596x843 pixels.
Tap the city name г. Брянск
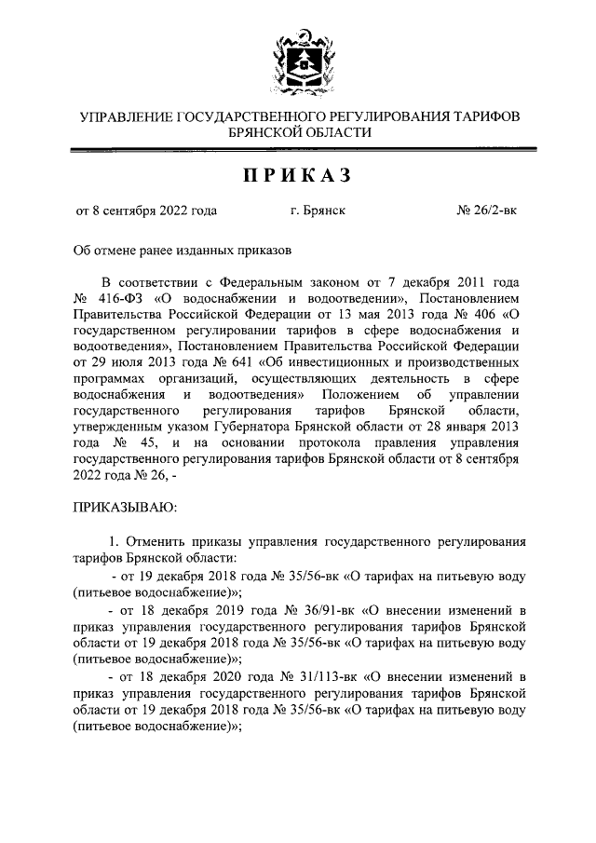(318, 211)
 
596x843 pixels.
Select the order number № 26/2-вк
(487, 211)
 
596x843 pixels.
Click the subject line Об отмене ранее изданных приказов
(183, 250)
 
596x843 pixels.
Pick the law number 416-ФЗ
(116, 298)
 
